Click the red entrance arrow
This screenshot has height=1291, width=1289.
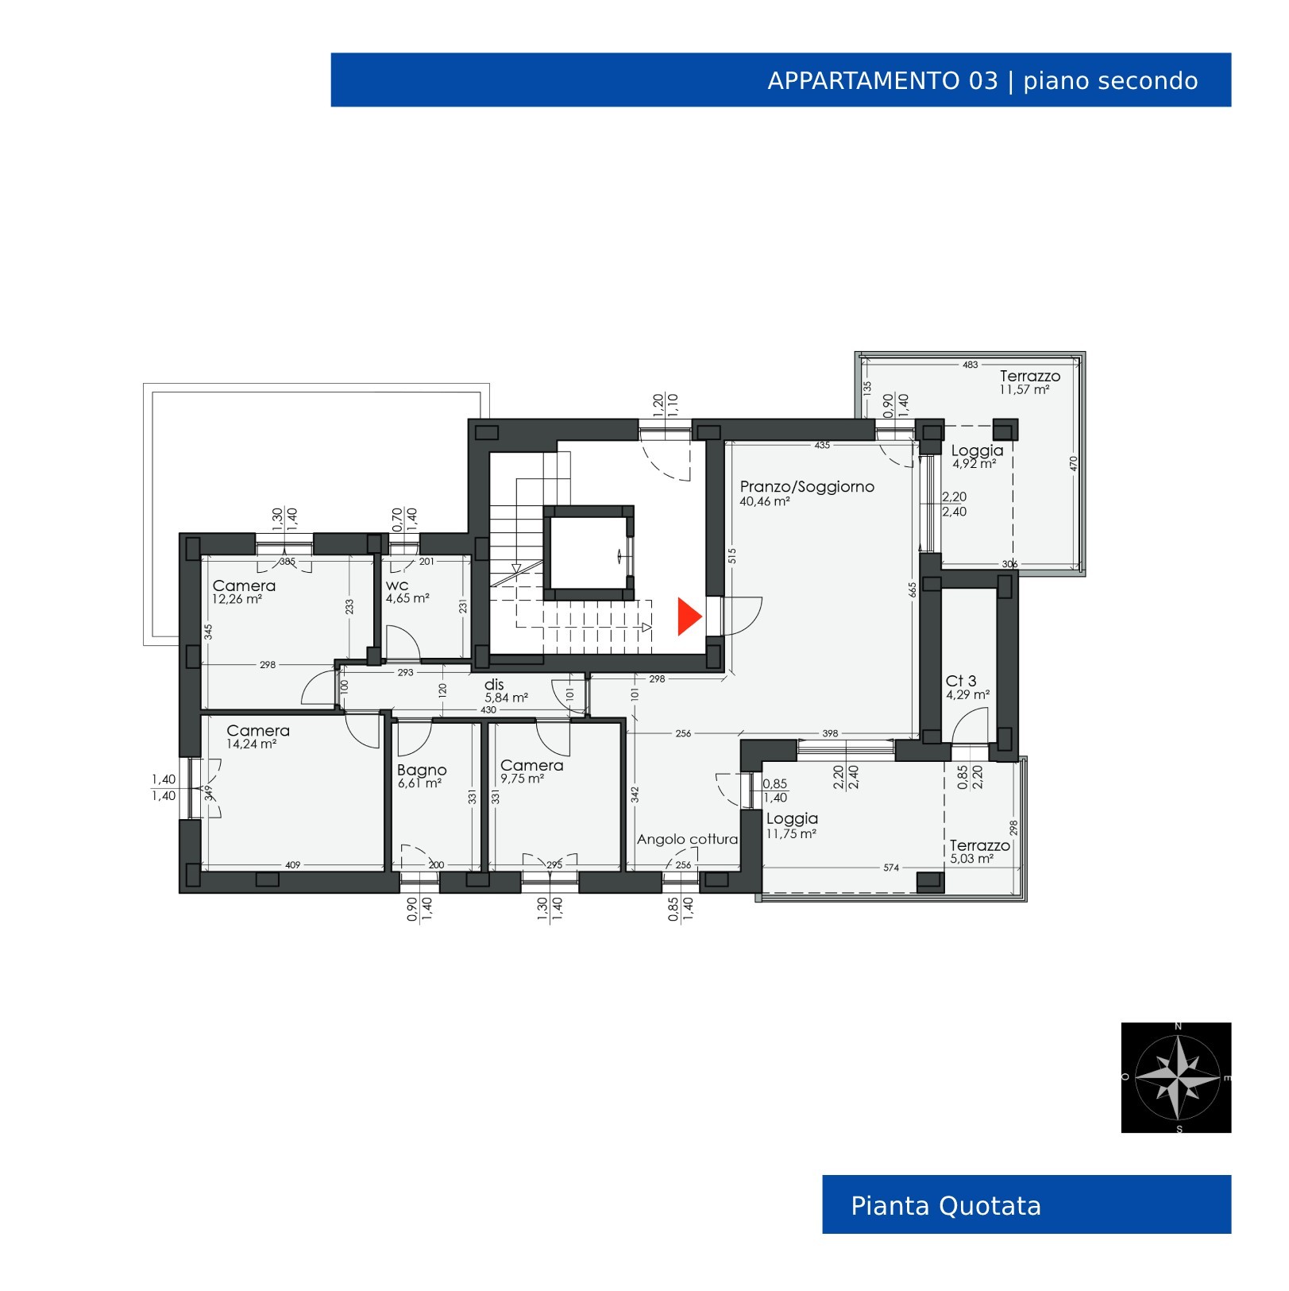click(688, 617)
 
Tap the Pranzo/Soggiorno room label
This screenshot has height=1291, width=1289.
click(807, 486)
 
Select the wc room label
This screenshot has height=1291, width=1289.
click(397, 586)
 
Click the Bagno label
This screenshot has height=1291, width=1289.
click(422, 770)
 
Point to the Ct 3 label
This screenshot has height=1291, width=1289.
click(961, 681)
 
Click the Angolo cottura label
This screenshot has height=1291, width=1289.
click(687, 839)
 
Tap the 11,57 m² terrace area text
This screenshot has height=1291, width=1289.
click(1025, 390)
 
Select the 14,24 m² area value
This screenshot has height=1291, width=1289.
click(252, 744)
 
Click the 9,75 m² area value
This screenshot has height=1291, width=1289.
click(522, 779)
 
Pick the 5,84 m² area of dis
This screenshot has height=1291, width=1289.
click(507, 698)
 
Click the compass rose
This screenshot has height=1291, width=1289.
click(1176, 1077)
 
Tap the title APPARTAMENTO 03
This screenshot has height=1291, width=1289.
click(882, 81)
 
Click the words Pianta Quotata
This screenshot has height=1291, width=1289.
click(946, 1206)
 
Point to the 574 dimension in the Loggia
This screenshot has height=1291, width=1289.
click(891, 868)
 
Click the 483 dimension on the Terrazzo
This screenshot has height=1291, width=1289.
click(971, 365)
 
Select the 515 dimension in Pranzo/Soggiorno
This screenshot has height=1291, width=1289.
click(731, 557)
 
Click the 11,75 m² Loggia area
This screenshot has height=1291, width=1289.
click(792, 833)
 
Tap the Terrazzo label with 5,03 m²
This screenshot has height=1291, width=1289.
click(980, 845)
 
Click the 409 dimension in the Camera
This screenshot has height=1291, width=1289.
click(292, 864)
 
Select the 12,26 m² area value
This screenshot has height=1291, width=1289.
click(237, 599)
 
